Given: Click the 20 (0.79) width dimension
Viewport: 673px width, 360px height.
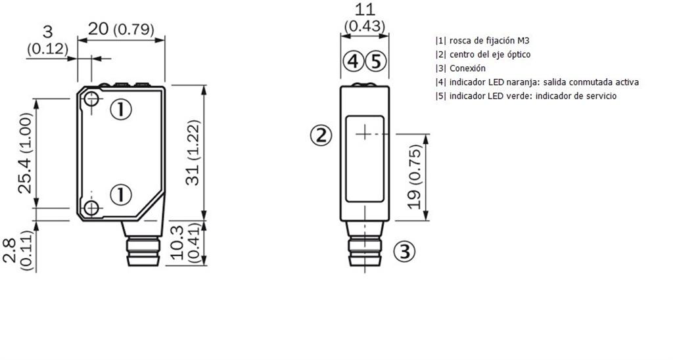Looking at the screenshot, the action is [121, 29].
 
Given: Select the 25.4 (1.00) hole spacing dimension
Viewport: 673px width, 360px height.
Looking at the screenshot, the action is [26, 153].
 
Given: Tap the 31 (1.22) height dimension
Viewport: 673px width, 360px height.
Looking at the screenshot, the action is [193, 152].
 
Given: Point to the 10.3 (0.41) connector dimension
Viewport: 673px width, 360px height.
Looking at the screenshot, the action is [186, 243].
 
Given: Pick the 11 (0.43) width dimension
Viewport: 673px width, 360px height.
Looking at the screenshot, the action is [364, 18].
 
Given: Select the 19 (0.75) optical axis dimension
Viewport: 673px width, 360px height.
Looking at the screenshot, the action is [415, 177].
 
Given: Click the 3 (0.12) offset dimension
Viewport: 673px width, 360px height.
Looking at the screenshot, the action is [47, 40].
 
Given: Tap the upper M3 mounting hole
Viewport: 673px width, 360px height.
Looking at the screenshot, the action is [91, 99].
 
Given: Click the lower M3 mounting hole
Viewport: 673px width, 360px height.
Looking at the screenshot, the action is [91, 208].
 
